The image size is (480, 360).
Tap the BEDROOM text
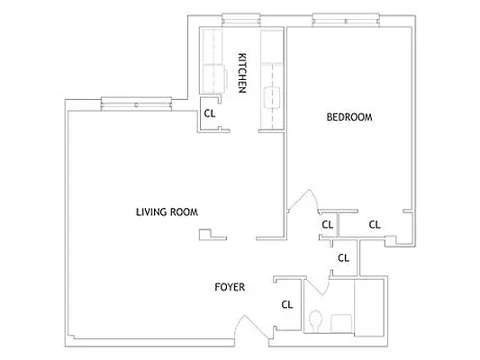[349, 118]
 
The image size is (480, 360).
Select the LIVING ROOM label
[167, 212]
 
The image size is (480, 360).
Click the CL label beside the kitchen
[209, 113]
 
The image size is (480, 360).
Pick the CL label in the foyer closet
[287, 304]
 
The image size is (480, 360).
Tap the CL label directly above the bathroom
[342, 257]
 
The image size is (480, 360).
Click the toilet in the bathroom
[315, 320]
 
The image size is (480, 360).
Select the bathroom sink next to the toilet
[340, 322]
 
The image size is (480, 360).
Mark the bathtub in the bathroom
[370, 306]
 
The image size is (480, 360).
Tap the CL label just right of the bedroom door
[327, 224]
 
